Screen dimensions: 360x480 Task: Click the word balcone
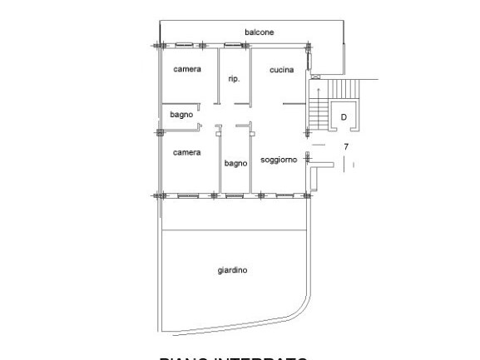click(x=259, y=32)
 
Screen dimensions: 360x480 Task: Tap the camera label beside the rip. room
click(x=186, y=69)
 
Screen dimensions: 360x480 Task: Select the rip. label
click(x=234, y=79)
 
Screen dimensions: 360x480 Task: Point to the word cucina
click(x=281, y=70)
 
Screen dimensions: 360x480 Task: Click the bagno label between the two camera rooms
click(x=181, y=115)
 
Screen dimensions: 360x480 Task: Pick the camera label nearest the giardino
click(x=186, y=153)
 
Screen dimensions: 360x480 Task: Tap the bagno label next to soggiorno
click(x=235, y=164)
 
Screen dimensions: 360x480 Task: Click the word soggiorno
click(x=279, y=159)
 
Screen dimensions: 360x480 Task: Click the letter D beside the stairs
click(x=344, y=117)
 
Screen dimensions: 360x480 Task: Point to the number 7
click(x=345, y=147)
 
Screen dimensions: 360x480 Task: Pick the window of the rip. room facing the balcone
click(x=234, y=44)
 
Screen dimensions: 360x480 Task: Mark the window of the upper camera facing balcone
click(x=186, y=44)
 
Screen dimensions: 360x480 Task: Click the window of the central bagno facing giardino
click(x=235, y=196)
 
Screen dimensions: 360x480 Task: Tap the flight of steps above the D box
click(x=343, y=88)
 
